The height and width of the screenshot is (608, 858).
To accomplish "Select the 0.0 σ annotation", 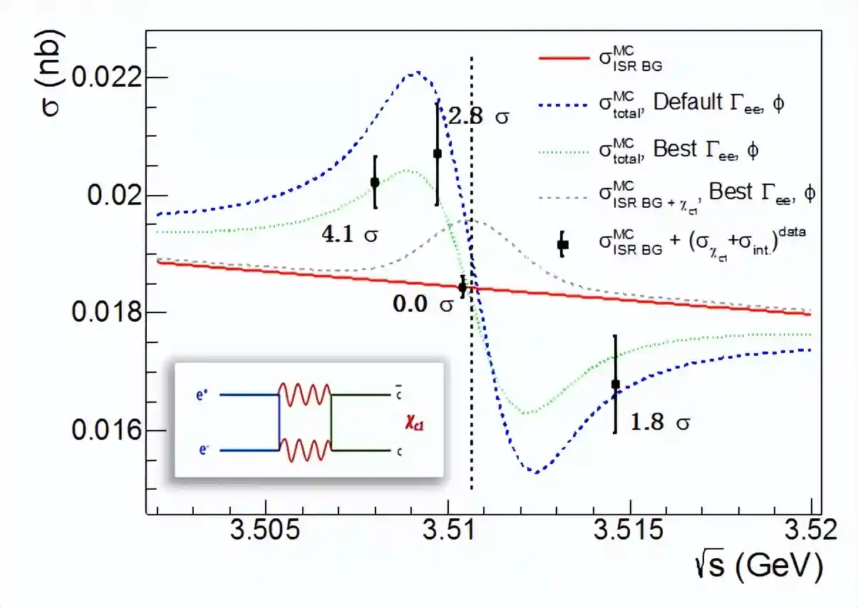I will point(423,304).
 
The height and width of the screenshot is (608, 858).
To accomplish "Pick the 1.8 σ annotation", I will point(660,422).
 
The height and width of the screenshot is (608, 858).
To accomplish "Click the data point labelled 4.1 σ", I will point(375,182).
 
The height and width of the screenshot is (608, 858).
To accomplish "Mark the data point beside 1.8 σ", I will point(616,384).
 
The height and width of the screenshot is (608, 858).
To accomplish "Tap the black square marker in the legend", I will point(562,245).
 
